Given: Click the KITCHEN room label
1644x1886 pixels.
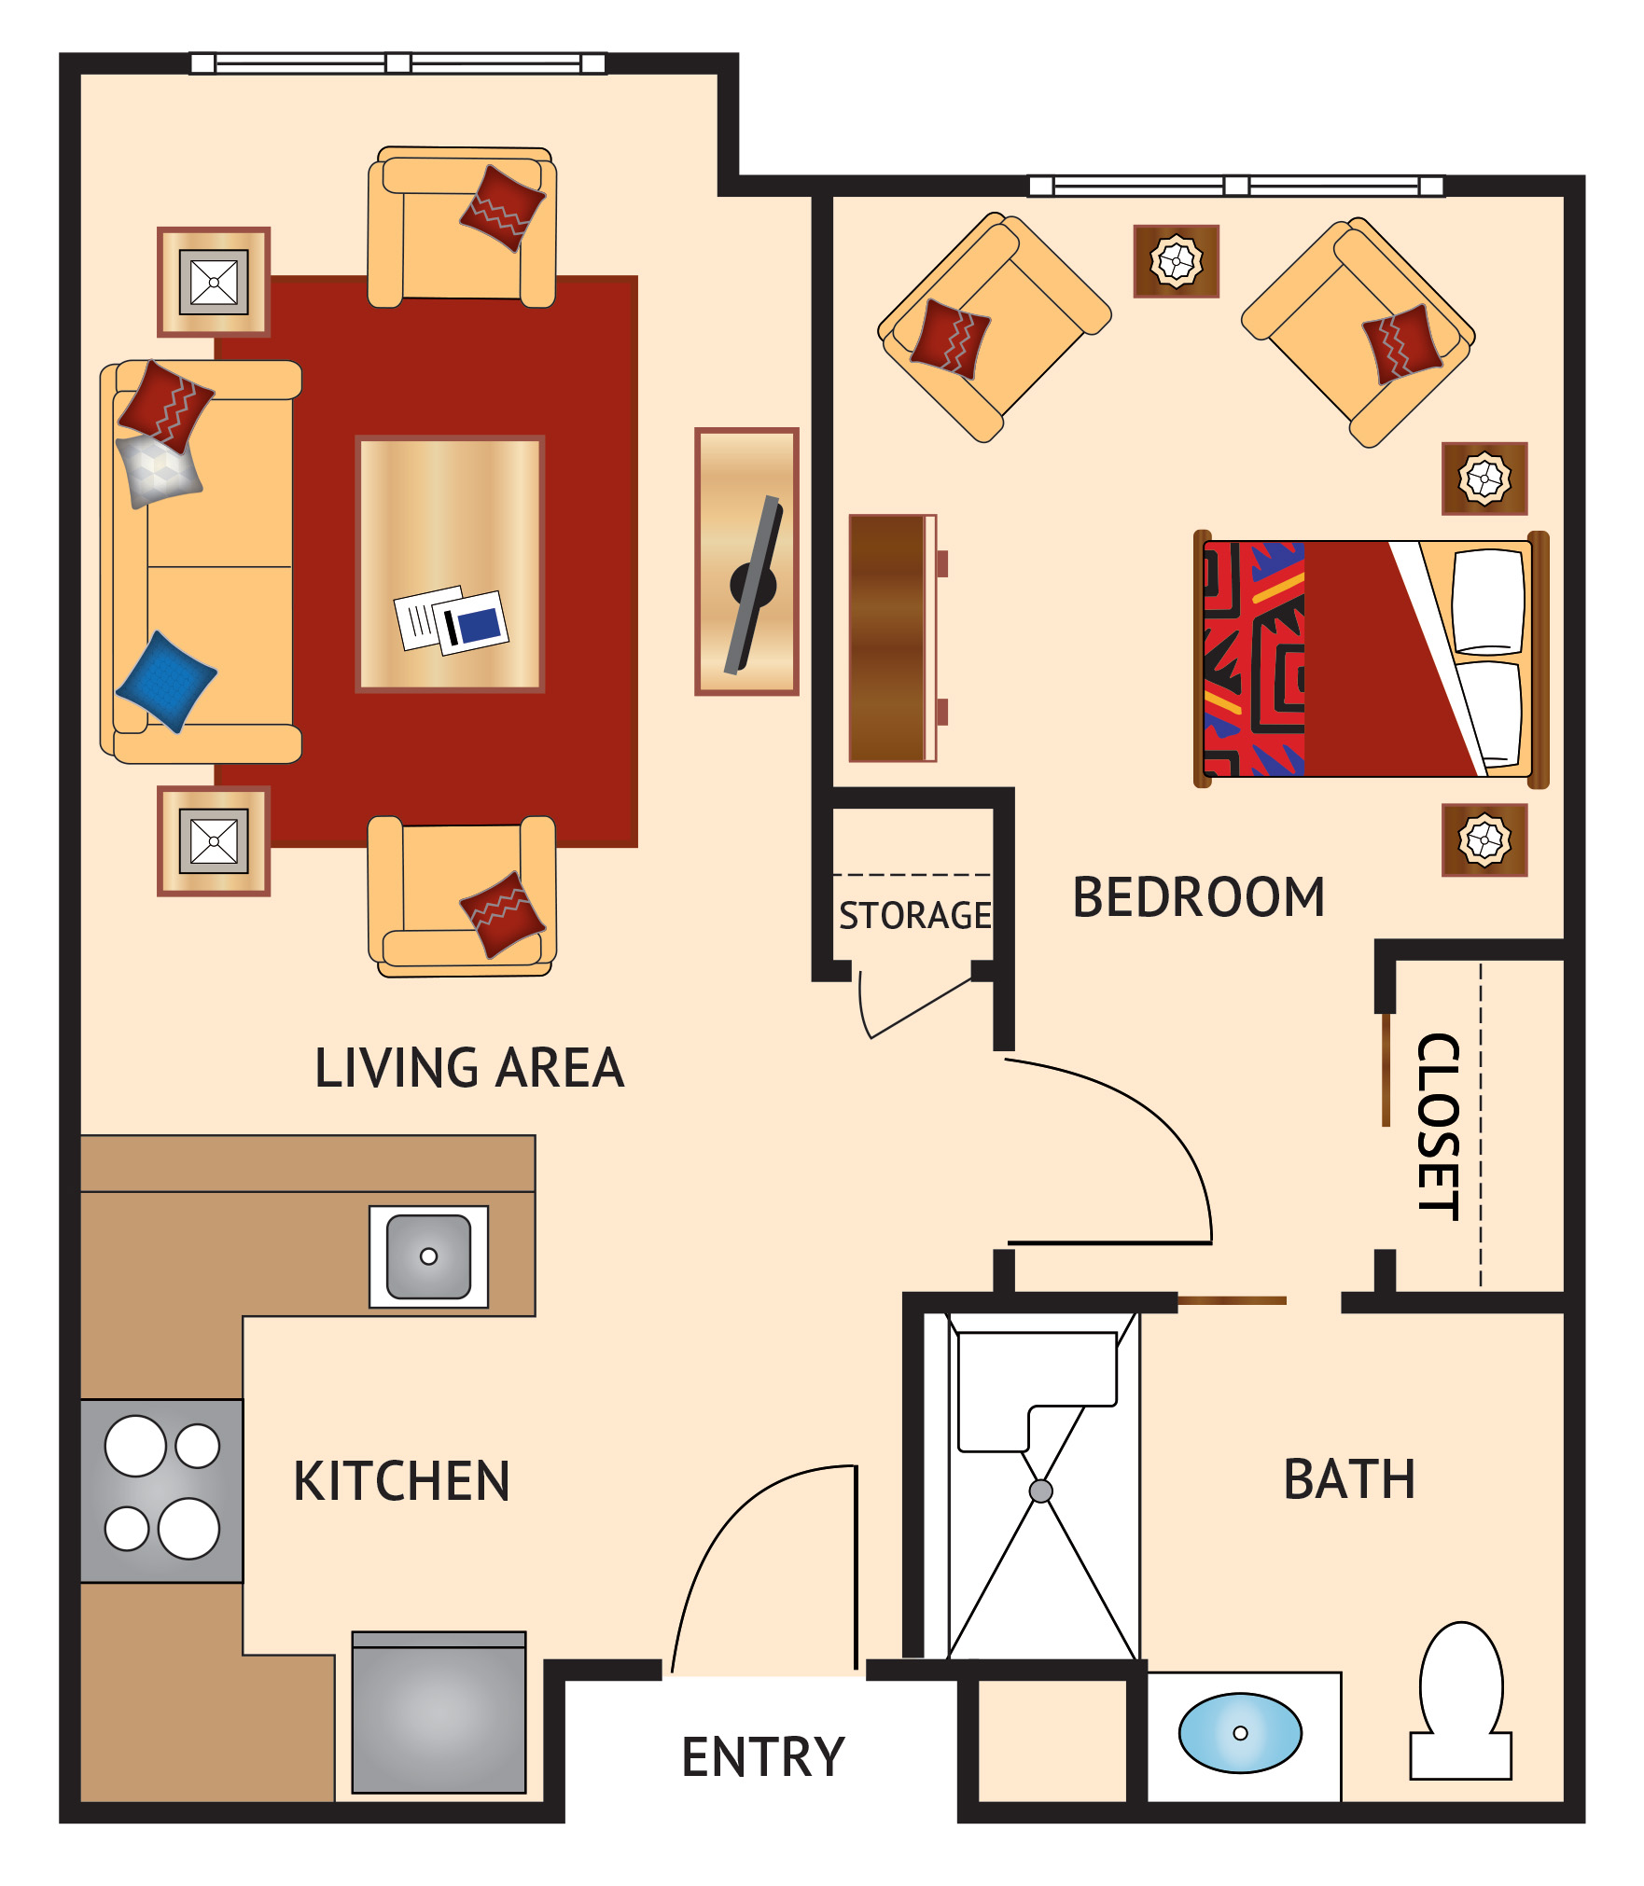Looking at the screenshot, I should [401, 1480].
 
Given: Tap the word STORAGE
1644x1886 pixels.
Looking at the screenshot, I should [914, 916].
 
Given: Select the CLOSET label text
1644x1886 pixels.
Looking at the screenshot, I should [1438, 1126].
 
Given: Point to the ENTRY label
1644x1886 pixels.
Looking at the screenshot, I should [763, 1757].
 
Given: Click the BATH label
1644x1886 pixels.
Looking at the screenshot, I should [1349, 1479].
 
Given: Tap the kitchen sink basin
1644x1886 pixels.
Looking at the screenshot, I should [428, 1256].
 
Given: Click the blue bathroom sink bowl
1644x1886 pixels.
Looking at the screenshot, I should [1239, 1732].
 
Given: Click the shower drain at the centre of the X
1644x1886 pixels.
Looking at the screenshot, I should [1040, 1491].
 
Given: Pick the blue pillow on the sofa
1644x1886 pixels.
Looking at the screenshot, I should [166, 681].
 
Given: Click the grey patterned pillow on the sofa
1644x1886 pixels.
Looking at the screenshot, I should [158, 469].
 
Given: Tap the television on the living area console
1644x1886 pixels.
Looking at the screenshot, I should [753, 585].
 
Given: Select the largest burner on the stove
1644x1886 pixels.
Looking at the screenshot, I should [135, 1446].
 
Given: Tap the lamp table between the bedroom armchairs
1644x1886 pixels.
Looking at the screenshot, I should [1176, 261].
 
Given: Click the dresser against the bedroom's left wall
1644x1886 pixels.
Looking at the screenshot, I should [892, 638].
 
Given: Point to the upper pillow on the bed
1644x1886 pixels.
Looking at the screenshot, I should [1488, 602].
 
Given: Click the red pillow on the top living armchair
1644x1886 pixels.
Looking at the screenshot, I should [501, 208].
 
